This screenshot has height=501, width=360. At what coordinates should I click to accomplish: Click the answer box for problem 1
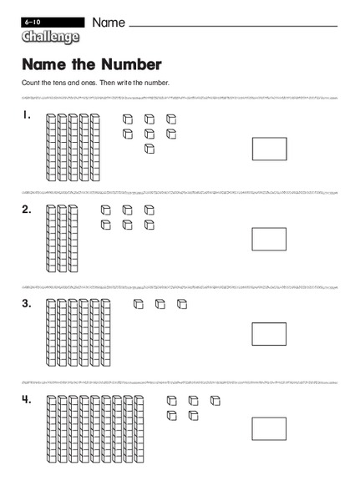269,149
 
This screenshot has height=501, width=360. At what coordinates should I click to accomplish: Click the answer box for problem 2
269,239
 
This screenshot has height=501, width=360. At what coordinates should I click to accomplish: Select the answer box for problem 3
269,334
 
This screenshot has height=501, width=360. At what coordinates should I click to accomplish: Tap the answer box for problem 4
269,429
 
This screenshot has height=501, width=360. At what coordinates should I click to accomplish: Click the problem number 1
27,115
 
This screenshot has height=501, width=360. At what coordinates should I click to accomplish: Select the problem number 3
28,304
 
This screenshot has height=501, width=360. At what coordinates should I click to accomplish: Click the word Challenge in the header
51,37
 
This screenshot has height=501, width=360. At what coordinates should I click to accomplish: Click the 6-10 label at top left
33,19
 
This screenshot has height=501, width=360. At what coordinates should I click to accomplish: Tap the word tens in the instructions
63,83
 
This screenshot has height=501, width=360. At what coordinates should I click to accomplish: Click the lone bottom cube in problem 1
150,149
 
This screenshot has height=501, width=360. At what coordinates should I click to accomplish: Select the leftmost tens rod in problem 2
50,238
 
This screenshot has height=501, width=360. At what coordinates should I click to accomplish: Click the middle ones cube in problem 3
160,304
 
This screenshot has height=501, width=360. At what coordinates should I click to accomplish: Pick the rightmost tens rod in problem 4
139,428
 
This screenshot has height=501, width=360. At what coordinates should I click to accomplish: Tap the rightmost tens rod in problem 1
94,145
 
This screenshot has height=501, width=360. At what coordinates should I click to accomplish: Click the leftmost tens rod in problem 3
50,333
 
